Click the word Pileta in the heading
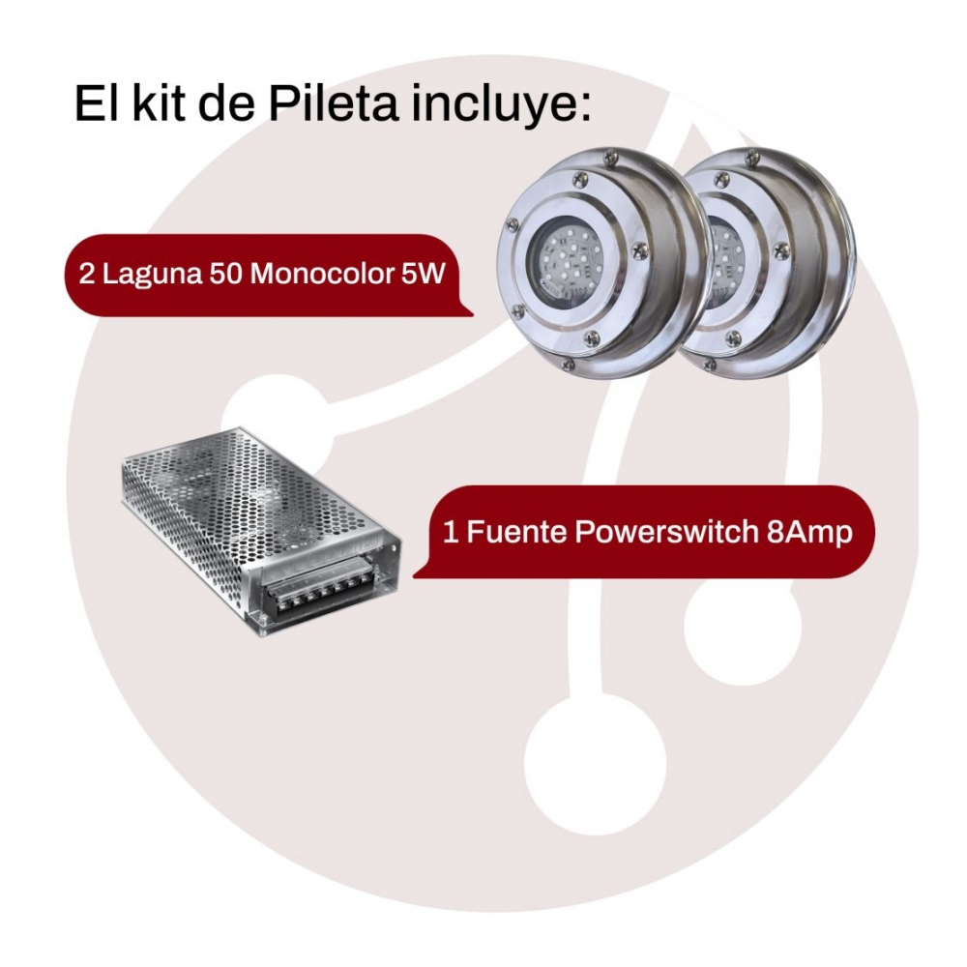coord(333,103)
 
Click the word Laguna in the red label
coord(153,275)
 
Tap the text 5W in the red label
coord(422,274)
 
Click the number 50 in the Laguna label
coord(225,274)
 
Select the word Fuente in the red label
coord(516,532)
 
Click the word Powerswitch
coord(665,533)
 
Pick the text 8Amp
coord(809,534)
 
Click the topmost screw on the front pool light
coord(609,157)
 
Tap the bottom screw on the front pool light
coord(591,337)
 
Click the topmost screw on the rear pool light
coord(751,157)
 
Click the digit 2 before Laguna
coord(87,275)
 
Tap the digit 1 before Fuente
coord(451,532)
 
